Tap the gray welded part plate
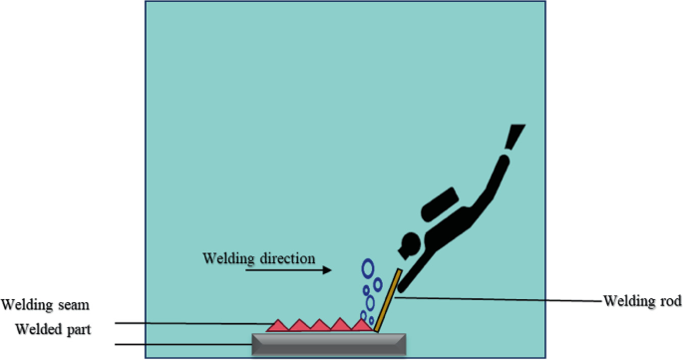pos(329,344)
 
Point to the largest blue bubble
pos(368,268)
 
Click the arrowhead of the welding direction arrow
pos(327,269)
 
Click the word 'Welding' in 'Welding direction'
pos(227,258)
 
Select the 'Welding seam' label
pos(41,305)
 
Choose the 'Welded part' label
pos(51,329)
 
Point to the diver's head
pos(407,243)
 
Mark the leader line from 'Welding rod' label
pos(499,297)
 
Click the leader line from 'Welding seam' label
pos(189,323)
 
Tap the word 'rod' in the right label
pos(667,298)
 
